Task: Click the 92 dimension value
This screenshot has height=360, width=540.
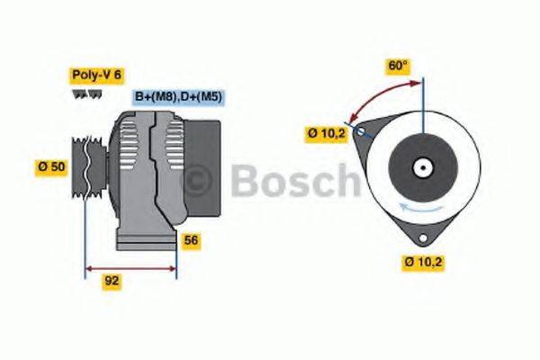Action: tap(112, 281)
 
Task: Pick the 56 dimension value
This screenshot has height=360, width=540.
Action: tap(192, 240)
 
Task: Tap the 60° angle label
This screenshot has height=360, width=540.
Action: tap(398, 66)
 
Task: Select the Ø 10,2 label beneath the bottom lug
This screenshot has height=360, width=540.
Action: tap(425, 262)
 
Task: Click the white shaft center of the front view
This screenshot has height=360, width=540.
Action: tap(421, 167)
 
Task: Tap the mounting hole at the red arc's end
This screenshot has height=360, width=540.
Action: tap(361, 131)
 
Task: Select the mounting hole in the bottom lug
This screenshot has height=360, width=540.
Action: tap(423, 235)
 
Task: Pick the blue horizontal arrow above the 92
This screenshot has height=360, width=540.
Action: tap(130, 267)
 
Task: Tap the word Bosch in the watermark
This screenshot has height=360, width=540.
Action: tap(292, 182)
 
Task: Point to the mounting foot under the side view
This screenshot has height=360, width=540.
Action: tap(144, 241)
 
